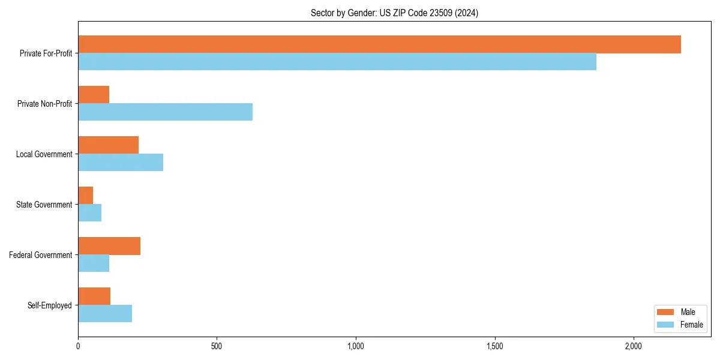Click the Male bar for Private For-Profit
point(379,44)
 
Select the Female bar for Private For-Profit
point(337,62)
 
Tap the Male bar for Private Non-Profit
point(94,95)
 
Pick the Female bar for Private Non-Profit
point(165,112)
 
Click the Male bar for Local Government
point(108,145)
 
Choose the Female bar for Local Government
point(121,163)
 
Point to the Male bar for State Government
point(86,196)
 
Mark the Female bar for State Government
point(90,213)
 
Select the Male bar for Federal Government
point(109,246)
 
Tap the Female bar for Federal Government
point(94,263)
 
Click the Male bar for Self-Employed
point(94,296)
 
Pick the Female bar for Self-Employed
point(105,314)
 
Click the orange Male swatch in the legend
point(666,312)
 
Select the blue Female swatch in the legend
point(666,325)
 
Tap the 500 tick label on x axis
point(217,347)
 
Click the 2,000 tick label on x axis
point(634,347)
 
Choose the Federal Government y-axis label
point(41,255)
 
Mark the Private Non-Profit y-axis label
point(44,104)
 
